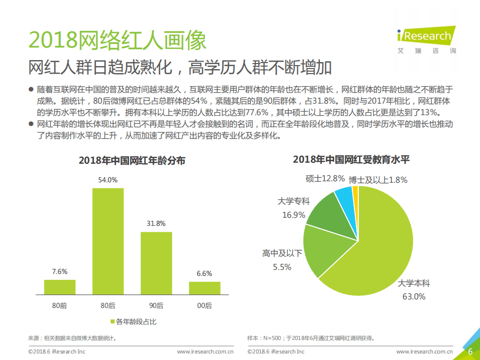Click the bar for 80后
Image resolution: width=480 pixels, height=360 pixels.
(x=108, y=241)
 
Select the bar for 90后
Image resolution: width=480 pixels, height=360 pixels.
(x=156, y=263)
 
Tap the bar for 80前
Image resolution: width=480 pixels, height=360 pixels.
(x=60, y=287)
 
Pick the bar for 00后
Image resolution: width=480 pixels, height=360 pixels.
(x=204, y=288)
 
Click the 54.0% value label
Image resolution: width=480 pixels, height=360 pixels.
(x=108, y=179)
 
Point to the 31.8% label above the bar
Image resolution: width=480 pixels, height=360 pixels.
(x=156, y=223)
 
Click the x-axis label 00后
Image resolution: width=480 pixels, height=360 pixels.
(x=204, y=305)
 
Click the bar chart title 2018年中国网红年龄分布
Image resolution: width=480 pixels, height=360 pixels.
(x=132, y=161)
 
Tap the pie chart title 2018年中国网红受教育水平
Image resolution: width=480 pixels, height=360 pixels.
(x=351, y=160)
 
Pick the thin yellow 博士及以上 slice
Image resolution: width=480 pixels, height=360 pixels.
(x=355, y=193)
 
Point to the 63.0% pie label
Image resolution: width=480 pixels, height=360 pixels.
(x=414, y=296)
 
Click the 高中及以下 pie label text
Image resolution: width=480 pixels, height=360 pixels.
(x=282, y=253)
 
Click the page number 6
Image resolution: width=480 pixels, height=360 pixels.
(x=470, y=351)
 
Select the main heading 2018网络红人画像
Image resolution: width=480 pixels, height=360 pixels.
(x=117, y=40)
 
